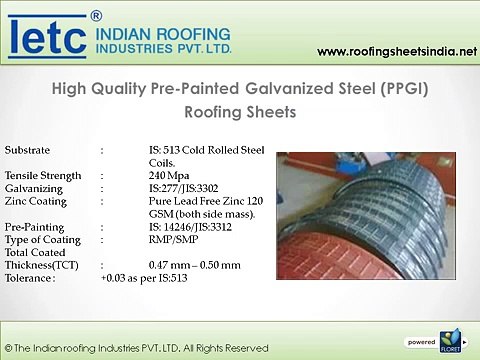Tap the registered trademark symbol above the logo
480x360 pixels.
pyautogui.click(x=96, y=15)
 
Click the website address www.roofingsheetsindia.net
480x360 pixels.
pyautogui.click(x=394, y=52)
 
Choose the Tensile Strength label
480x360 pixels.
pyautogui.click(x=42, y=174)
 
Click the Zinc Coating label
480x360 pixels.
pyautogui.click(x=37, y=199)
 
